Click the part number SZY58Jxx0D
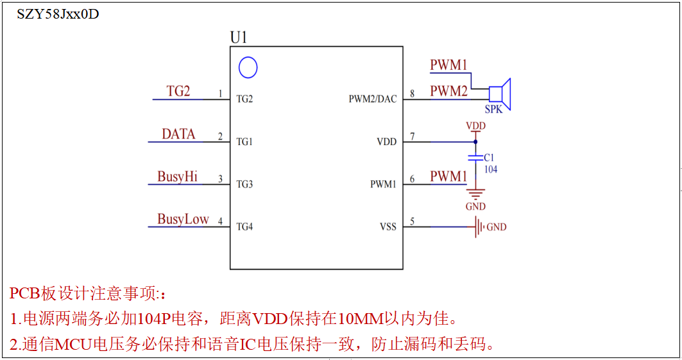(x=58, y=14)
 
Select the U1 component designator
(x=239, y=38)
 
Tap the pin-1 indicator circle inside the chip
(x=248, y=67)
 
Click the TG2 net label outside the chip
(x=178, y=91)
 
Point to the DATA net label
(x=178, y=134)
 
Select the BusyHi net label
(x=177, y=176)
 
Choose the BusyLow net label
(x=183, y=219)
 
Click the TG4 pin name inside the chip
(x=244, y=227)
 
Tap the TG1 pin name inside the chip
(x=244, y=142)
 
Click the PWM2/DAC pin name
(x=373, y=99)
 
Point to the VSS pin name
(x=388, y=227)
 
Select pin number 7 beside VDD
(x=412, y=136)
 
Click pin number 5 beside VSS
(x=412, y=221)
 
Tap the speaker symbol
(x=500, y=94)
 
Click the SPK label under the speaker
(x=493, y=110)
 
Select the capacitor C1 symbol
(x=475, y=157)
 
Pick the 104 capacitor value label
(x=491, y=169)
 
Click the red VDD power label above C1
(x=475, y=126)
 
